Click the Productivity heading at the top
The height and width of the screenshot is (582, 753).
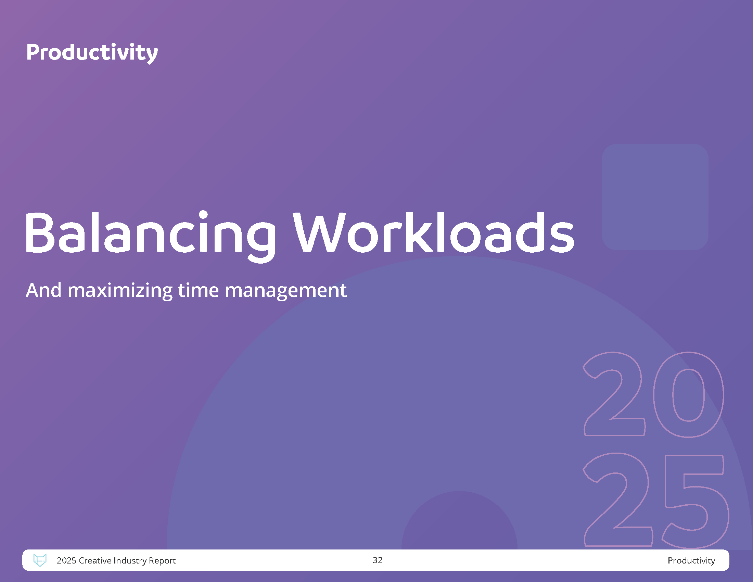pos(92,53)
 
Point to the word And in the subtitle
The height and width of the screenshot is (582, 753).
pos(44,290)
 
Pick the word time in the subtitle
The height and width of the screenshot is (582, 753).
pos(198,290)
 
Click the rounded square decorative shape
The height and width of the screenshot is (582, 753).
pos(655,197)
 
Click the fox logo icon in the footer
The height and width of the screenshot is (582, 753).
pos(40,560)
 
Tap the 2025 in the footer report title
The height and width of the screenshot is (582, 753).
pos(66,561)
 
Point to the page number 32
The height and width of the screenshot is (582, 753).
pos(378,560)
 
